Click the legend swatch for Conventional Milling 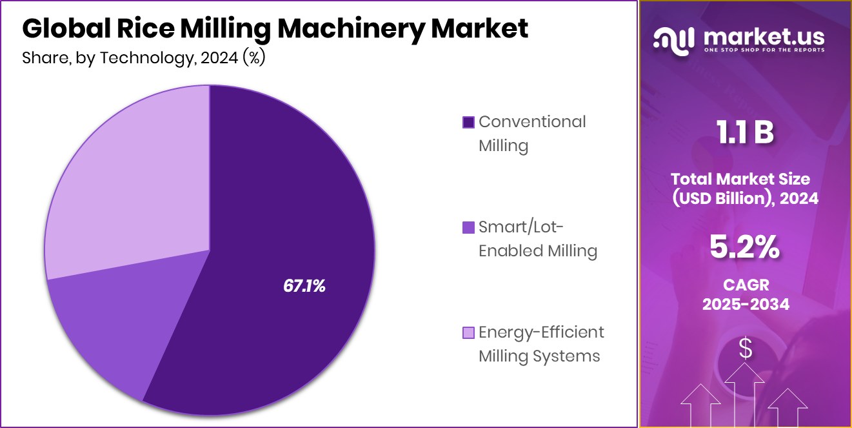coord(469,122)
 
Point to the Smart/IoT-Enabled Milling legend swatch coord(469,227)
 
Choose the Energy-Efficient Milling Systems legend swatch coord(469,332)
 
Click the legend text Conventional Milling coord(531,133)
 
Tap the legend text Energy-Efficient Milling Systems coord(540,343)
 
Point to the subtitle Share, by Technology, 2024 coord(143,57)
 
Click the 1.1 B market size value coord(745,133)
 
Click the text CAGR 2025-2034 coord(745,294)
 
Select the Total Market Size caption coord(745,188)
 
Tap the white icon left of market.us coord(673,39)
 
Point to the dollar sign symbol coord(746,349)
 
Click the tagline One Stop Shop coord(764,50)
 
